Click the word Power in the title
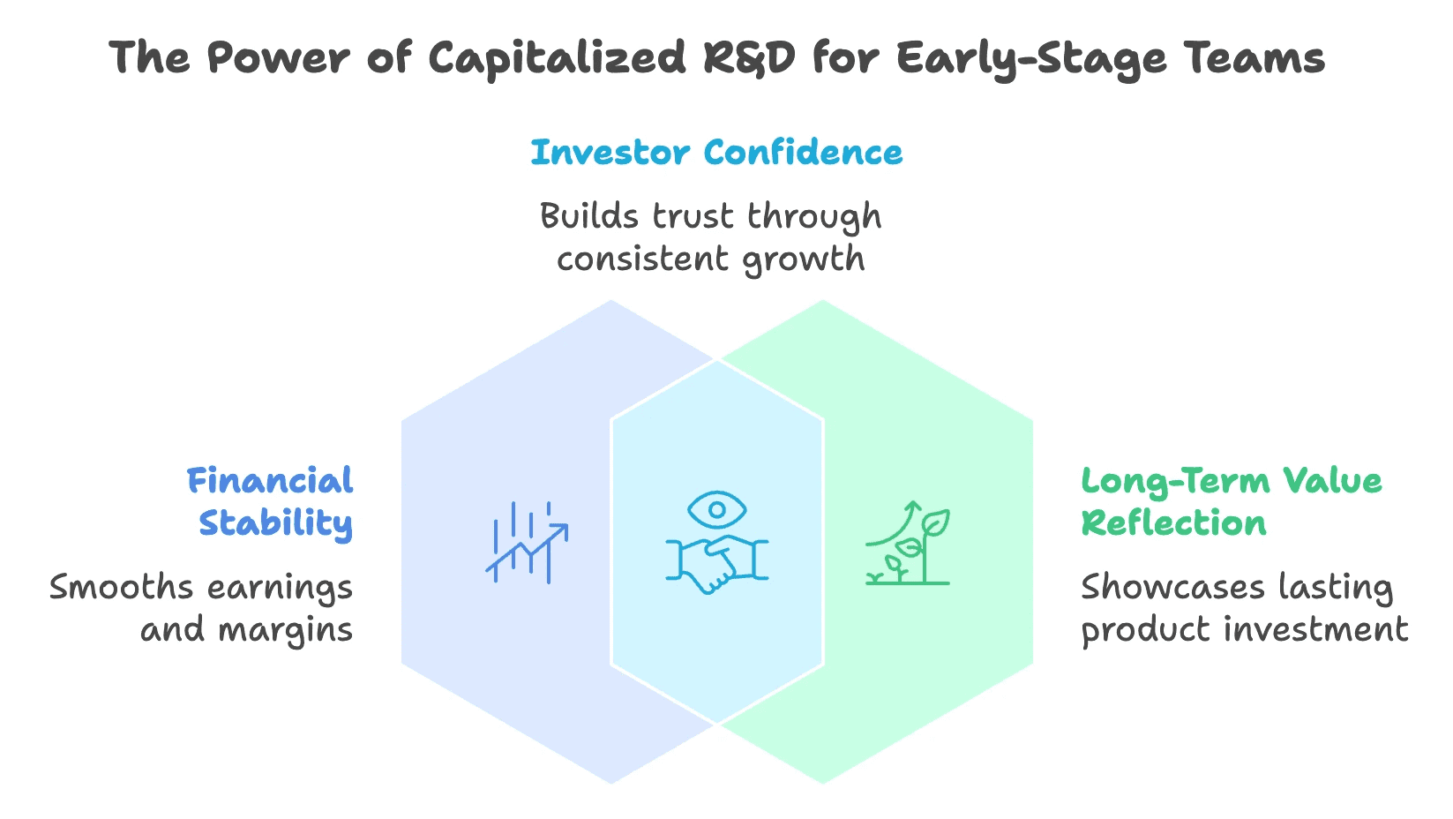(x=277, y=58)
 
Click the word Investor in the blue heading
(x=610, y=153)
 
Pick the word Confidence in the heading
(x=804, y=153)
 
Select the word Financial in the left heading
(x=270, y=481)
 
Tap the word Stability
(x=275, y=523)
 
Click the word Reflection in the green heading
(x=1173, y=523)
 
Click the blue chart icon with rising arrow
(x=527, y=542)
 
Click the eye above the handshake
(x=716, y=510)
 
